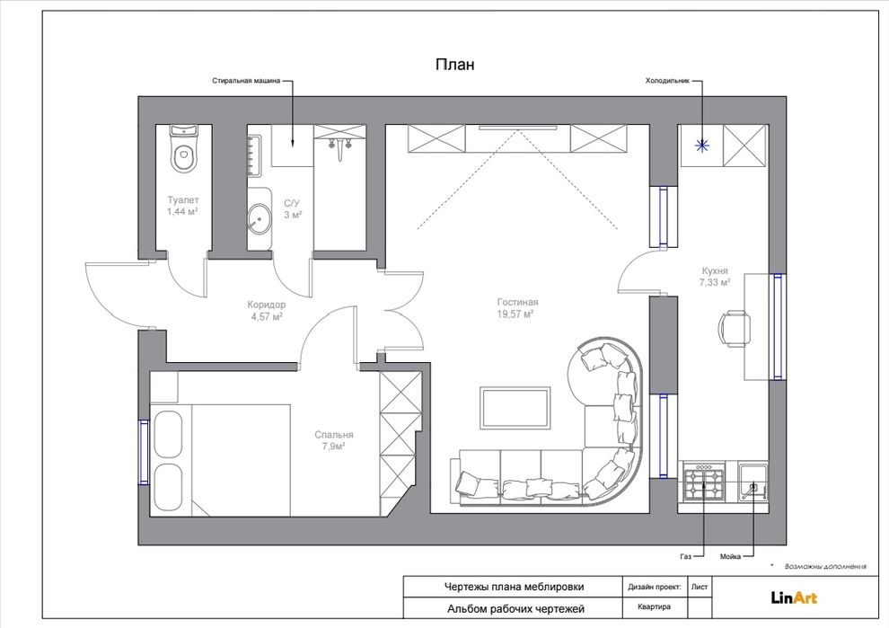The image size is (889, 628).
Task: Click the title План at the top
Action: point(454,65)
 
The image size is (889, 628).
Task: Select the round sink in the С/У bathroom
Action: point(260,219)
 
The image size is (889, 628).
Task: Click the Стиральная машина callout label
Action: point(246,81)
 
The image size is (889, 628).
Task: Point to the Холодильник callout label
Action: point(667,81)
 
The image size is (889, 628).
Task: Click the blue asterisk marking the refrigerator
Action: point(702,146)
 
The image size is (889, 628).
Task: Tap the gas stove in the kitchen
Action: point(704,482)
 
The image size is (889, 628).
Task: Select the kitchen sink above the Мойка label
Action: point(753,482)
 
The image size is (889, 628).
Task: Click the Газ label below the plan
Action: point(685,556)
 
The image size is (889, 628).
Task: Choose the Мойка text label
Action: point(730,556)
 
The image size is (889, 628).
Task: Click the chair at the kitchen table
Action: point(735,329)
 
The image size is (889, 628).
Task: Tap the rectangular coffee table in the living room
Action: point(515,408)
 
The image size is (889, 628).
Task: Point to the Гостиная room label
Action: point(517,303)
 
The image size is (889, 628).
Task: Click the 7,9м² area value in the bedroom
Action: point(334,447)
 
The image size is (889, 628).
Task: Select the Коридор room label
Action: point(267,305)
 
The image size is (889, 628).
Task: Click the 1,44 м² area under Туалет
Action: point(182,212)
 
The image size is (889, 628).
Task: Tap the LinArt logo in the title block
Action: point(794,597)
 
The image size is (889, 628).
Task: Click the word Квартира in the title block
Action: point(654,607)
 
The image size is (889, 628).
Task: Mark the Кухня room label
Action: point(715,271)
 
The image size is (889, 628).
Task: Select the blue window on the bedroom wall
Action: point(144,452)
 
